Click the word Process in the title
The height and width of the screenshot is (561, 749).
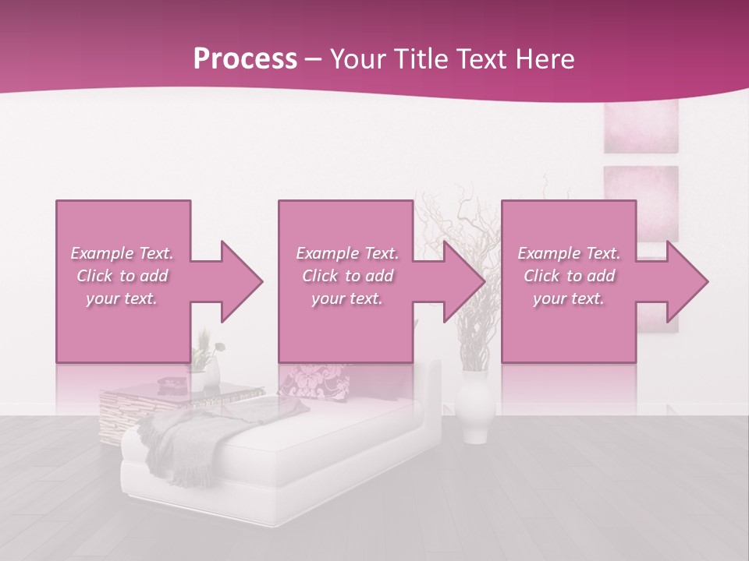pos(245,59)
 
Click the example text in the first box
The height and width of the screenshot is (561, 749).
pos(122,276)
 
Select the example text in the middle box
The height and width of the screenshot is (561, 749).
pos(347,276)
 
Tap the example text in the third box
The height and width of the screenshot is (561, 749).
pos(569,276)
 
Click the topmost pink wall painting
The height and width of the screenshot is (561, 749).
pos(641,125)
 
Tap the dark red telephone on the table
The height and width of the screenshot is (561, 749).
pos(169,383)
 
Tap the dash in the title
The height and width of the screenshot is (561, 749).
pos(314,59)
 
